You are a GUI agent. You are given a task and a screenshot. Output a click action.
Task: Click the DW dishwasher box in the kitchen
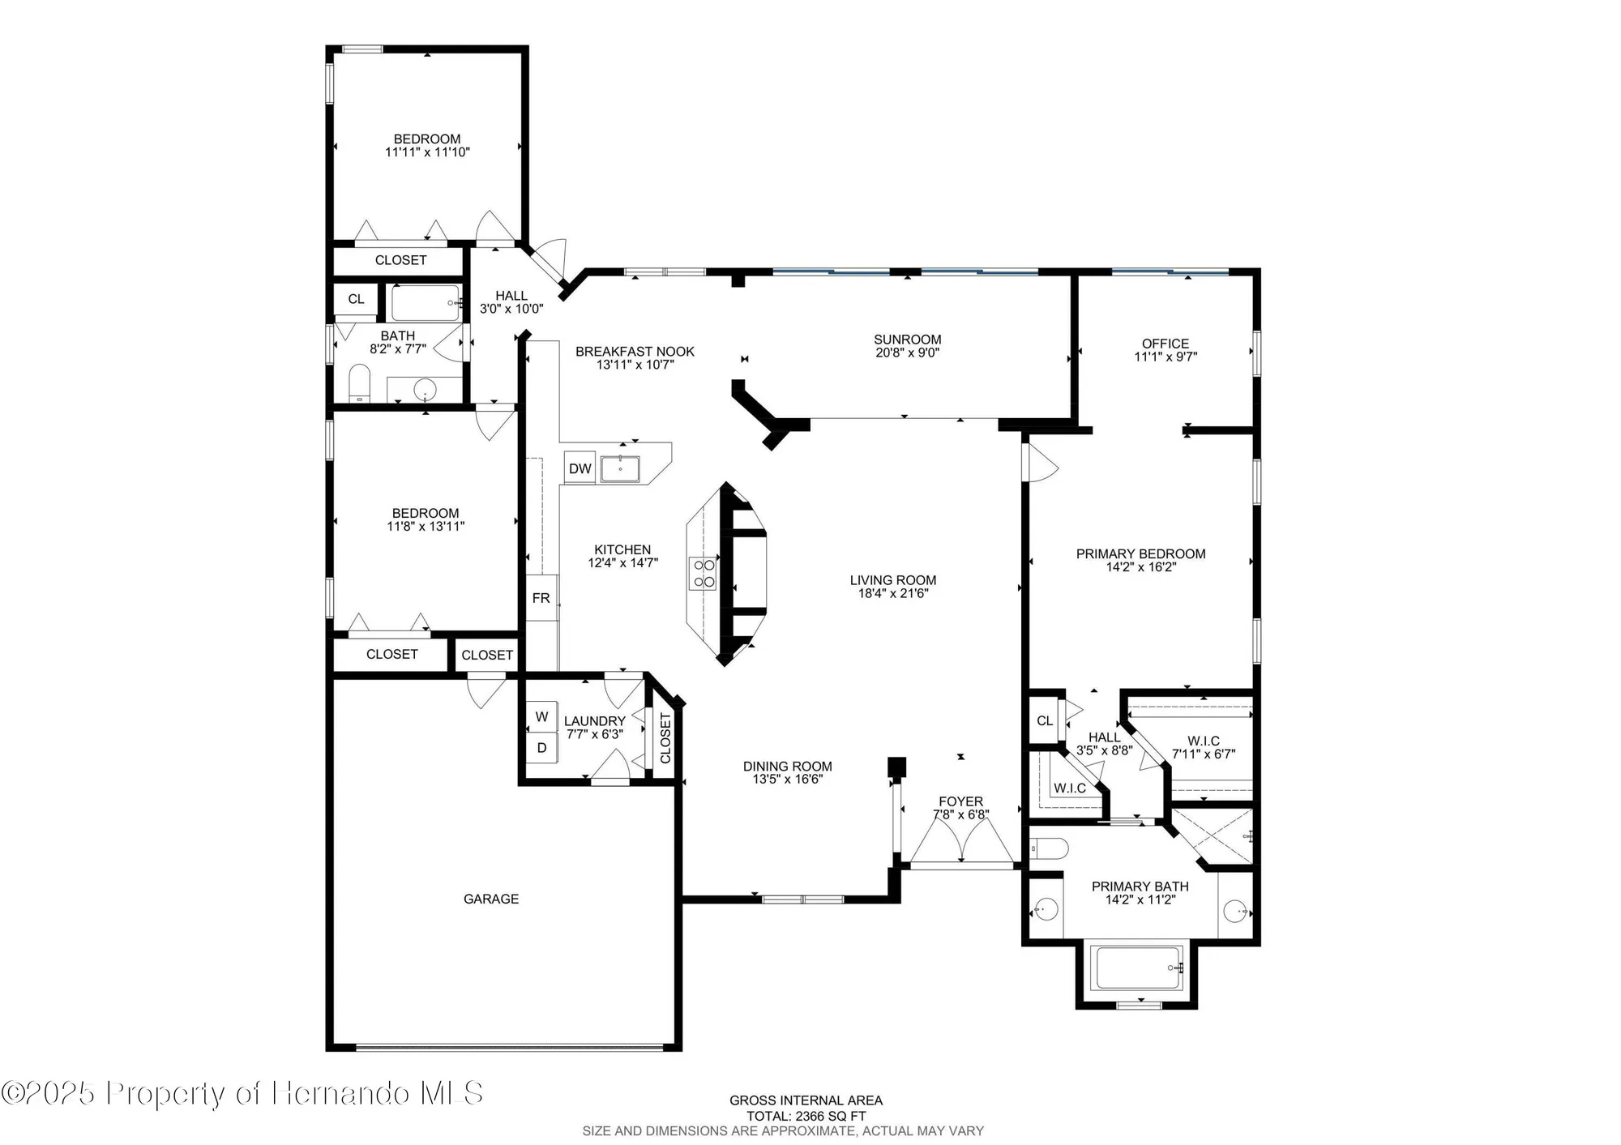pyautogui.click(x=580, y=468)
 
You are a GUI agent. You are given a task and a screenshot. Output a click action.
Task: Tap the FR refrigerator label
pyautogui.click(x=541, y=598)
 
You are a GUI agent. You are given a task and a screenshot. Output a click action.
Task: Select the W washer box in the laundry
pyautogui.click(x=542, y=716)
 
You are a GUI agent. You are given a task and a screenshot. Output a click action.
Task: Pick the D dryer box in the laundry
pyautogui.click(x=542, y=748)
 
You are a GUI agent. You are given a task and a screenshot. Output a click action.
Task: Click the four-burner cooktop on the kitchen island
pyautogui.click(x=704, y=573)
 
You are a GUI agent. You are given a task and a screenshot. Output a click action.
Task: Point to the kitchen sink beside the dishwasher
pyautogui.click(x=620, y=468)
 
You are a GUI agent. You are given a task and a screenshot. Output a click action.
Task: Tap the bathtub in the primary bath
pyautogui.click(x=1136, y=968)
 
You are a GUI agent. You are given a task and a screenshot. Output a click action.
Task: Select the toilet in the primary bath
pyautogui.click(x=1049, y=848)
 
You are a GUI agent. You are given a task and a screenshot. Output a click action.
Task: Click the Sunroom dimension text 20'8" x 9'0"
pyautogui.click(x=907, y=352)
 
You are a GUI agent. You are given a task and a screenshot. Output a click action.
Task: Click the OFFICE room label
pyautogui.click(x=1165, y=344)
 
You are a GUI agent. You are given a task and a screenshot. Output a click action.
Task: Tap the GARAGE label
pyautogui.click(x=491, y=899)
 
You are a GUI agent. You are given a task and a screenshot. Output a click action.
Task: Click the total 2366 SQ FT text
pyautogui.click(x=806, y=1116)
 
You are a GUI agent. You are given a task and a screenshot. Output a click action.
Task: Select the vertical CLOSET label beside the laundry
pyautogui.click(x=665, y=738)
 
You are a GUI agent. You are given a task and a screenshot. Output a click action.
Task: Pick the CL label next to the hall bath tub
pyautogui.click(x=356, y=299)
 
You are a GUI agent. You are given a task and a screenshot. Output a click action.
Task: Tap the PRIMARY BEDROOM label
pyautogui.click(x=1140, y=554)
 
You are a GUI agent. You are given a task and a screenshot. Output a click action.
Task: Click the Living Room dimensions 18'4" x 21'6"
pyautogui.click(x=893, y=593)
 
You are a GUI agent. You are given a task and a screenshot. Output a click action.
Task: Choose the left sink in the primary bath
pyautogui.click(x=1046, y=909)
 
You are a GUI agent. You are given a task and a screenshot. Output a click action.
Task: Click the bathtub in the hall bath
pyautogui.click(x=426, y=303)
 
